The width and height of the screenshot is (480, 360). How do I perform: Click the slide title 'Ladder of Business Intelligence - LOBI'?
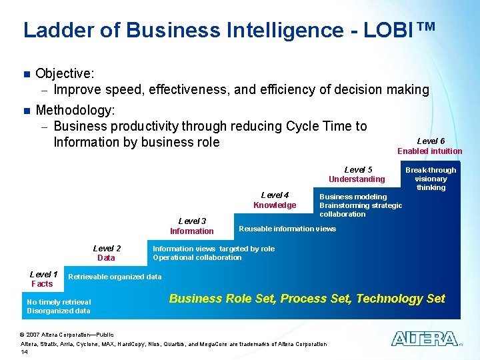[229, 30]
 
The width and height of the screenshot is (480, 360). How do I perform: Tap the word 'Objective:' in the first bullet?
[65, 73]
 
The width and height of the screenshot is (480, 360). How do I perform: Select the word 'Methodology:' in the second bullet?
[75, 109]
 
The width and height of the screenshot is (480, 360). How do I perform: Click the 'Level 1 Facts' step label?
[43, 279]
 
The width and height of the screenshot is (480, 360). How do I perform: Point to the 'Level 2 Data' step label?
[107, 253]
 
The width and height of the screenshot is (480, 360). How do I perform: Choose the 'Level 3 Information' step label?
[192, 226]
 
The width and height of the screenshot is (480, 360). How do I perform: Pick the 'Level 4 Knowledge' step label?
[275, 200]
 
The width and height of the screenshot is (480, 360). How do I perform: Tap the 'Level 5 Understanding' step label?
[357, 174]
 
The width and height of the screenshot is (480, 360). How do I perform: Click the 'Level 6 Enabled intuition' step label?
[430, 146]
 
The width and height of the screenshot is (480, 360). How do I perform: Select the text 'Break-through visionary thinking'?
[431, 179]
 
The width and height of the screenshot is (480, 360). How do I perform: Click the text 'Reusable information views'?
[287, 229]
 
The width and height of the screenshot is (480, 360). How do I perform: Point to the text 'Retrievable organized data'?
[115, 277]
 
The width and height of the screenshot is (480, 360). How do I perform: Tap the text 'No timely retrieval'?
[59, 302]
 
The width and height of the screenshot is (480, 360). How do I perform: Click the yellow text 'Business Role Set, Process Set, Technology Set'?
[307, 299]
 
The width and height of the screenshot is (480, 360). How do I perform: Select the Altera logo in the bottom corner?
[424, 339]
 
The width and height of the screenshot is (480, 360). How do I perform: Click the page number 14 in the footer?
[25, 352]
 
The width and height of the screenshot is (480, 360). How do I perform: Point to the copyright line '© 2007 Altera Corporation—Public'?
[67, 334]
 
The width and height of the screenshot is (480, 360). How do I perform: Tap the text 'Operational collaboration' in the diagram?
[197, 257]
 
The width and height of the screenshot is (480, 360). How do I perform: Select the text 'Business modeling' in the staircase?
[353, 197]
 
